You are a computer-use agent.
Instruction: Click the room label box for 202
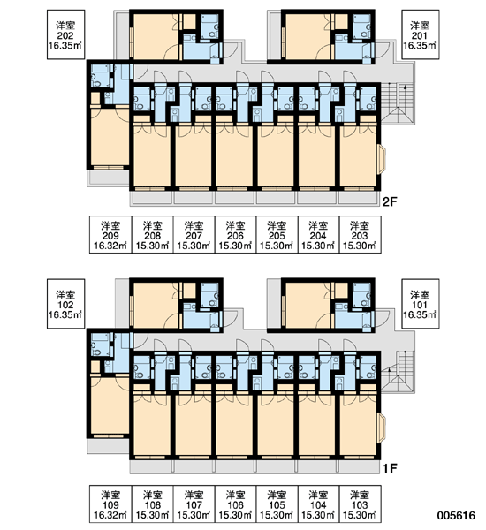tap(65, 34)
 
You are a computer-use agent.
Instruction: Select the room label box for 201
tap(421, 34)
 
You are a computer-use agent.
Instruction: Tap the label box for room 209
tap(110, 235)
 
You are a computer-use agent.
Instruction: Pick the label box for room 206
tap(235, 235)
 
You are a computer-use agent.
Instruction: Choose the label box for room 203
tap(360, 235)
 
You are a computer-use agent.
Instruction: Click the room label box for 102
tap(65, 304)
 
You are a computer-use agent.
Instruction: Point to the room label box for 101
tap(421, 304)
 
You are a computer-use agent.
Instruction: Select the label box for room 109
tap(110, 504)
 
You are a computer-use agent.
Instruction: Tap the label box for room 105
tap(277, 504)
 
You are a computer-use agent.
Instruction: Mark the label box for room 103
tap(360, 504)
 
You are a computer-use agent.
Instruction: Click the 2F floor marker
tap(390, 201)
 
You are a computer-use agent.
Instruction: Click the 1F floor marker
tap(390, 468)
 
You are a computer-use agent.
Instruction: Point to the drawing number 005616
tap(456, 516)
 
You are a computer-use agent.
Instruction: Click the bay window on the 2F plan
tap(382, 159)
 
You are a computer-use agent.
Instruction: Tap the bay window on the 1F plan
tap(382, 428)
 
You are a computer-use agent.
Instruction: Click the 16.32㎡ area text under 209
tap(110, 246)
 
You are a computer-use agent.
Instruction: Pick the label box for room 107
tap(194, 504)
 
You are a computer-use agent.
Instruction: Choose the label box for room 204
tap(319, 235)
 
